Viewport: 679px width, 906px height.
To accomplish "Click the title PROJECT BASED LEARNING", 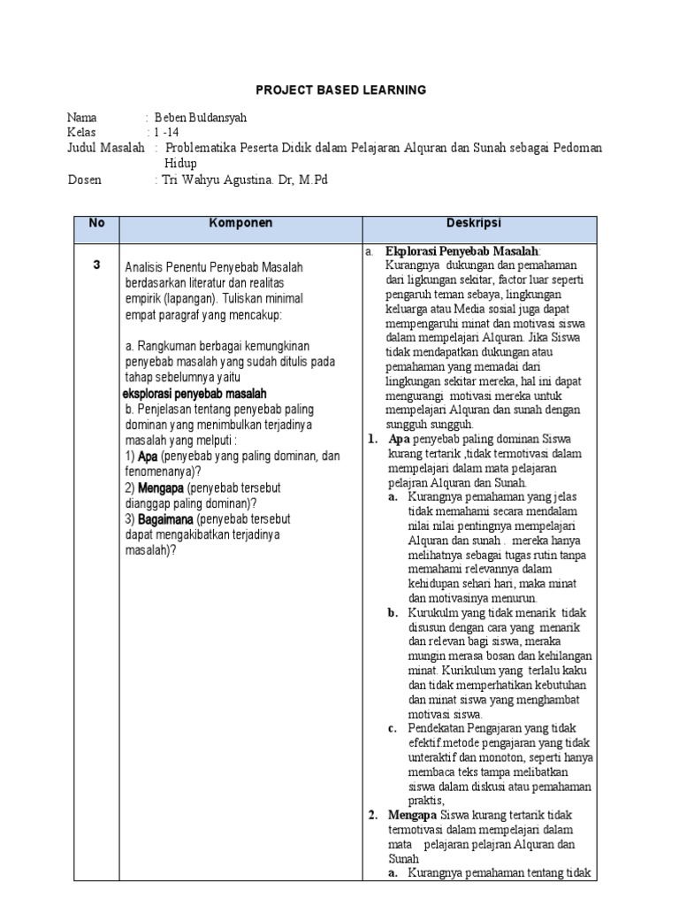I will [x=340, y=90].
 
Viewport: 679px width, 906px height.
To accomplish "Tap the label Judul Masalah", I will [x=106, y=148].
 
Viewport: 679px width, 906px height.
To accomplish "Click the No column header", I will [x=96, y=224].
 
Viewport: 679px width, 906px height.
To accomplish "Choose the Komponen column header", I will [x=240, y=224].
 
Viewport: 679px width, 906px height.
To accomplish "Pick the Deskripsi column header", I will [x=480, y=224].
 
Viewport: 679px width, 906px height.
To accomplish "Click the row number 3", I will [x=96, y=265].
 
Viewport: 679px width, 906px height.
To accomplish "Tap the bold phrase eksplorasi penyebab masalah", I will [x=194, y=393].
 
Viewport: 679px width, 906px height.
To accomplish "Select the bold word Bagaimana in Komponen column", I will [x=166, y=519].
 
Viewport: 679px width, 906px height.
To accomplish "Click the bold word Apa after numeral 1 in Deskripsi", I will [x=397, y=439].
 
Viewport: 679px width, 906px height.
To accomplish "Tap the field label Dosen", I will [x=85, y=180].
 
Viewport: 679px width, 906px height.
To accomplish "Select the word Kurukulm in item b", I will [x=432, y=613].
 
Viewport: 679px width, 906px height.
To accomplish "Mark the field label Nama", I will [x=83, y=117].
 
